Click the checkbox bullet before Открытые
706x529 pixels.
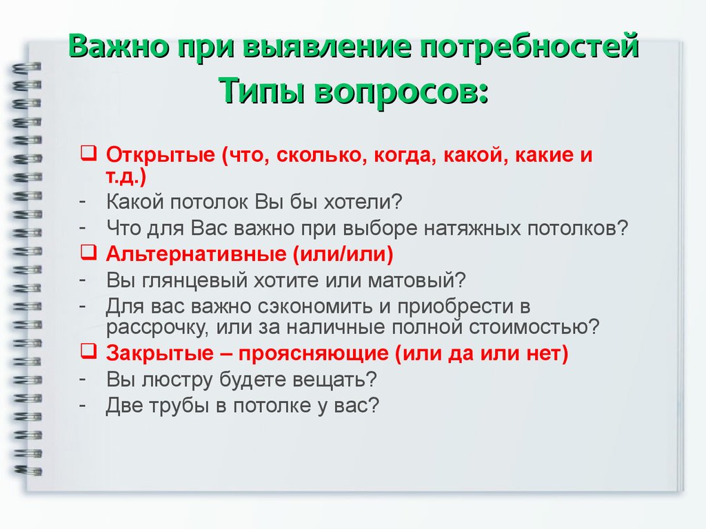pyautogui.click(x=89, y=153)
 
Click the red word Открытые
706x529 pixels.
pyautogui.click(x=161, y=155)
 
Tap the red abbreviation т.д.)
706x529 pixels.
pyautogui.click(x=126, y=176)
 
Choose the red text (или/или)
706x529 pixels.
pyautogui.click(x=343, y=254)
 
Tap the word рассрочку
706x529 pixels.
pyautogui.click(x=157, y=327)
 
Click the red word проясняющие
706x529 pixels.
pyautogui.click(x=314, y=353)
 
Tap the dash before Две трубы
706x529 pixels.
pyautogui.click(x=83, y=404)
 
